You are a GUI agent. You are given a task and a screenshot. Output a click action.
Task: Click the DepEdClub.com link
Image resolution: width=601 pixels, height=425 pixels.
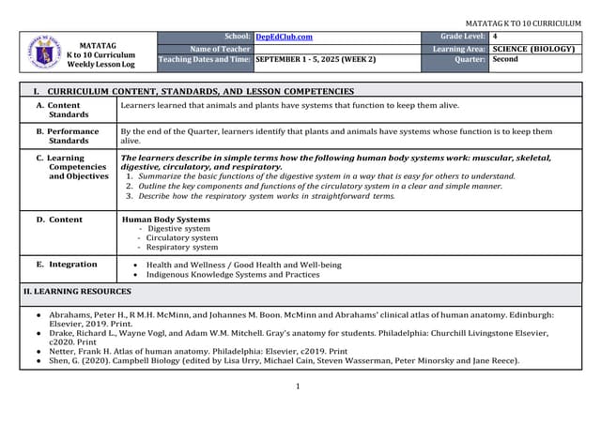(x=284, y=37)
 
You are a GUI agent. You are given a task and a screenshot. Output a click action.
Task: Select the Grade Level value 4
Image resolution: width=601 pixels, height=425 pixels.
(x=495, y=37)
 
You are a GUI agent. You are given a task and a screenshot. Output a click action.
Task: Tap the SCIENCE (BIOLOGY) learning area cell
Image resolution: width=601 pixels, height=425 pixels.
(x=532, y=48)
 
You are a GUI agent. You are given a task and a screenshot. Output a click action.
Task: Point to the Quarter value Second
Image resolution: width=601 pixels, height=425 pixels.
(x=505, y=59)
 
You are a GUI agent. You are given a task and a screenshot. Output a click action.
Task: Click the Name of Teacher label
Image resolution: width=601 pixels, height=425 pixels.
(x=220, y=48)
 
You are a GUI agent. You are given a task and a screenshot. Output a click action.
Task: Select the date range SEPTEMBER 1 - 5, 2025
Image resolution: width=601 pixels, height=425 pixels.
(x=315, y=59)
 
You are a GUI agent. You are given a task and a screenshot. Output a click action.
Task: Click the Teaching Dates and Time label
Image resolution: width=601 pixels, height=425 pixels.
(x=205, y=59)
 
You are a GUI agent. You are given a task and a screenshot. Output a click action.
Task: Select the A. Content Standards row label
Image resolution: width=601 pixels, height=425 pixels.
(x=63, y=110)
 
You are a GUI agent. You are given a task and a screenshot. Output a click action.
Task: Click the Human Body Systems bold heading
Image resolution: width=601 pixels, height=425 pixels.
(x=166, y=220)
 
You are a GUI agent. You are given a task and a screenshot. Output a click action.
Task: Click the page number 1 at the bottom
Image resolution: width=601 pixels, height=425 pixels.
(x=298, y=387)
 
